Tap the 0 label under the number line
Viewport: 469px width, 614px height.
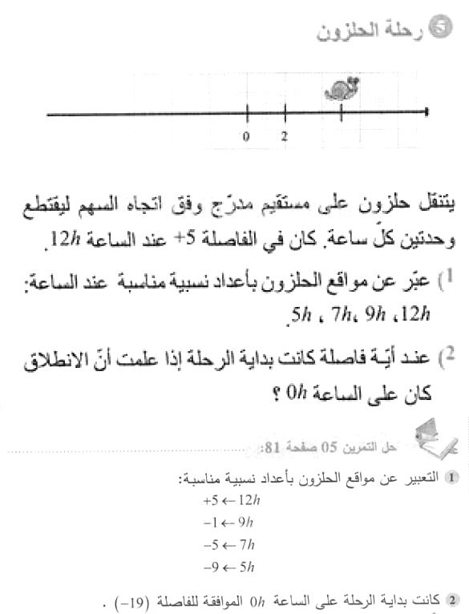pyautogui.click(x=247, y=136)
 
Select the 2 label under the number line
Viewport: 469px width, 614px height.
pyautogui.click(x=285, y=136)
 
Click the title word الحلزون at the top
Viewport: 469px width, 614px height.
pyautogui.click(x=351, y=32)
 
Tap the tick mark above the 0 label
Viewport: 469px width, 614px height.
pyautogui.click(x=247, y=115)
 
